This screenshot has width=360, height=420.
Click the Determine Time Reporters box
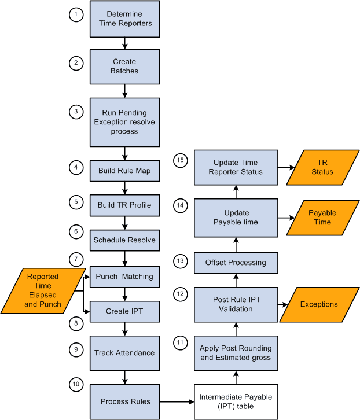pyautogui.click(x=124, y=19)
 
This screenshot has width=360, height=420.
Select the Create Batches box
pyautogui.click(x=124, y=66)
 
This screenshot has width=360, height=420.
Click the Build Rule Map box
pyautogui.click(x=124, y=171)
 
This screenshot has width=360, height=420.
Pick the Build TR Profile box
pyautogui.click(x=124, y=205)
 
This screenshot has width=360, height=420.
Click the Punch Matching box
pyautogui.click(x=124, y=277)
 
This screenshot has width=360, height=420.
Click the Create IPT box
pyautogui.click(x=124, y=311)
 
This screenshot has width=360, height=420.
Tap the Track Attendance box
pyautogui.click(x=124, y=352)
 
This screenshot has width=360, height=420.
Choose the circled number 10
pyautogui.click(x=75, y=384)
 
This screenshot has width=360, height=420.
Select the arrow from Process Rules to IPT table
pyautogui.click(x=177, y=401)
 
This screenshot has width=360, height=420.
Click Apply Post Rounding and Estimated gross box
pyautogui.click(x=236, y=352)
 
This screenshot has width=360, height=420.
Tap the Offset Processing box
pyautogui.click(x=236, y=262)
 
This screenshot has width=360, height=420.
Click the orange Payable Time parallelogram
pyautogui.click(x=322, y=218)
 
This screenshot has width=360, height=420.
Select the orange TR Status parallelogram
pyautogui.click(x=322, y=167)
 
